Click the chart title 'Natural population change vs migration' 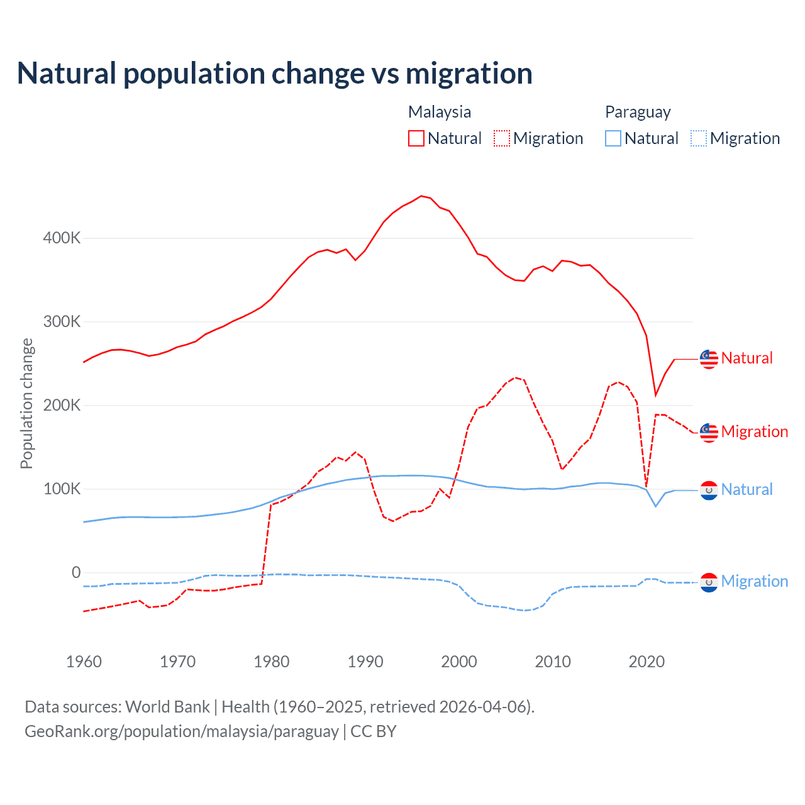[275, 74]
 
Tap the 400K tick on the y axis [62, 238]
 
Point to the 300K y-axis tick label [62, 322]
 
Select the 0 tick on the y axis [76, 572]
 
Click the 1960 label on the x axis [84, 662]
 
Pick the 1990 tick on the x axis [365, 662]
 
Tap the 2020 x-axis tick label [647, 662]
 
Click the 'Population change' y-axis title [26, 403]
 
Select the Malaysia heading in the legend [440, 112]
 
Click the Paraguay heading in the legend [638, 112]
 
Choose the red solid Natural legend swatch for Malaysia [416, 138]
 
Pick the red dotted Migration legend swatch [502, 138]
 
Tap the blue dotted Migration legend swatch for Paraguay [699, 138]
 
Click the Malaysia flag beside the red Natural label [709, 358]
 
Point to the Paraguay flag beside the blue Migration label [709, 582]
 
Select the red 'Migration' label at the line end [755, 432]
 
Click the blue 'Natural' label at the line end [747, 490]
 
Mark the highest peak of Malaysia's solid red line [421, 196]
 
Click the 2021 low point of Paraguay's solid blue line [656, 506]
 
